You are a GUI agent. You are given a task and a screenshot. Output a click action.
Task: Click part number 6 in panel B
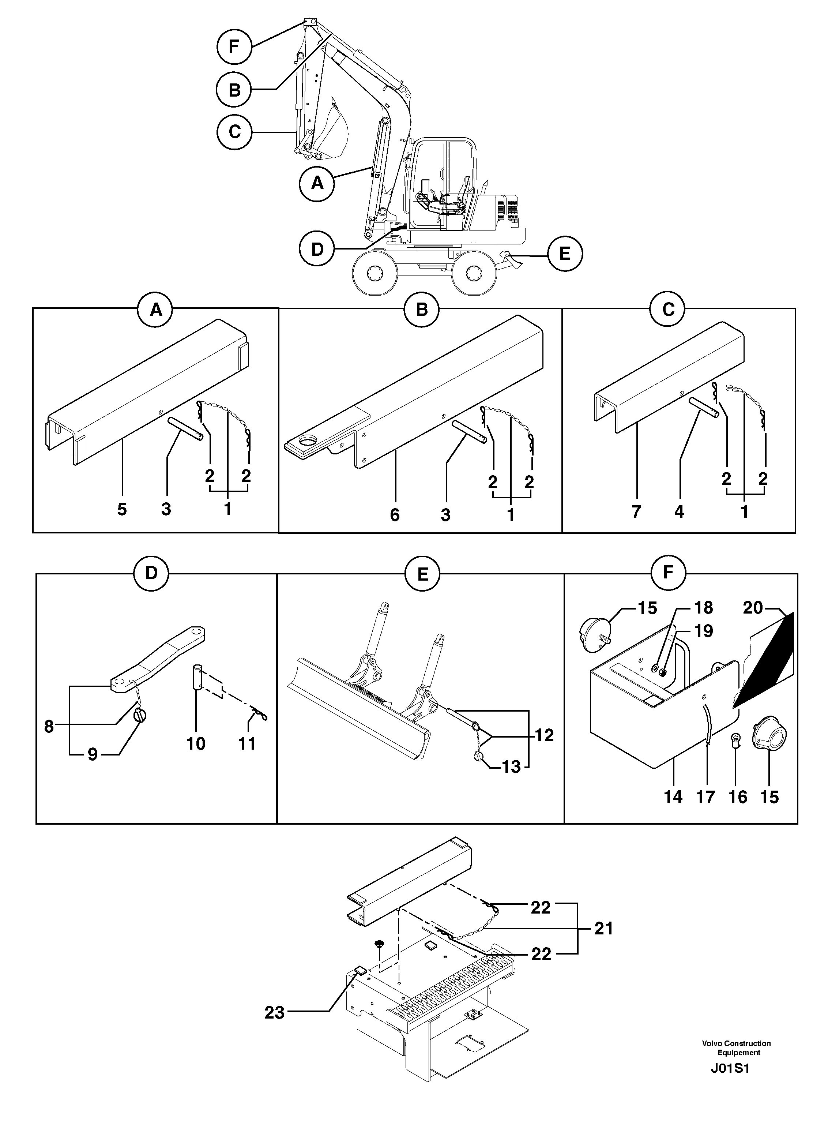(395, 514)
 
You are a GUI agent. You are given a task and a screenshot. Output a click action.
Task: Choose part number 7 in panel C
(636, 512)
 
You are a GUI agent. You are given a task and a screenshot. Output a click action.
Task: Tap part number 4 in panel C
(679, 512)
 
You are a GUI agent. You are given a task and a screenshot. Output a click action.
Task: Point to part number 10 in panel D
(196, 743)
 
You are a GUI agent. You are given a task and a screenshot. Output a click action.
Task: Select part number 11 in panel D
(247, 743)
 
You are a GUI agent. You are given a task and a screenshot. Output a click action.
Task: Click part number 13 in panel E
(512, 767)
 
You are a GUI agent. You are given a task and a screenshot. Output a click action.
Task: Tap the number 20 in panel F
(753, 608)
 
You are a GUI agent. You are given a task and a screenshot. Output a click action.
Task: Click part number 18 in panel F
(704, 608)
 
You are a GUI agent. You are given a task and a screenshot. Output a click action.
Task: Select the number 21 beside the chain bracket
(603, 929)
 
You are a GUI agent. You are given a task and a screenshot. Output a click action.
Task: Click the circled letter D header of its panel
(151, 573)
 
